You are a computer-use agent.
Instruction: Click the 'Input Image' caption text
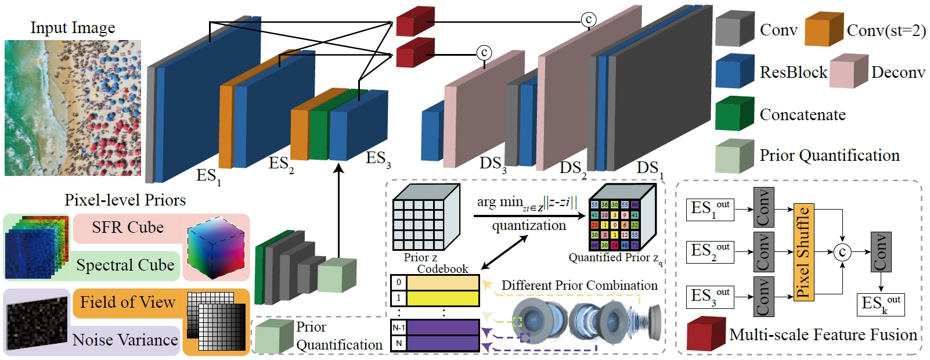tap(73, 28)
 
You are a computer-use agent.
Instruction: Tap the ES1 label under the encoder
tap(208, 176)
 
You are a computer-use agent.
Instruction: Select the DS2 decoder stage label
tap(572, 169)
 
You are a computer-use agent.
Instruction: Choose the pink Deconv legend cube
tap(848, 71)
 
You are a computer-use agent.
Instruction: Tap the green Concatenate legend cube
tap(734, 114)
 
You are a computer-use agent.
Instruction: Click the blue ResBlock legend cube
tap(734, 71)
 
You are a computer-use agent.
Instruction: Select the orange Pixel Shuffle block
tap(803, 252)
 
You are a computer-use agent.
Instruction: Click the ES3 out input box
tap(711, 297)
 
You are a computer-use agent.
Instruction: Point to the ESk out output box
tap(881, 304)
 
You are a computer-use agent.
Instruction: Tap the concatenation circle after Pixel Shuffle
tap(842, 252)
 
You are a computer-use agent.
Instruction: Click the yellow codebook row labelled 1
tap(442, 298)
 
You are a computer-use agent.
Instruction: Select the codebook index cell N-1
tap(398, 327)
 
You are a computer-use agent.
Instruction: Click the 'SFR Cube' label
tap(128, 228)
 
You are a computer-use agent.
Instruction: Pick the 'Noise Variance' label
tap(125, 340)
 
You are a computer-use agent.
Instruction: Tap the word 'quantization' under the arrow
tap(529, 225)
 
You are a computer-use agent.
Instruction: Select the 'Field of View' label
tap(128, 303)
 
